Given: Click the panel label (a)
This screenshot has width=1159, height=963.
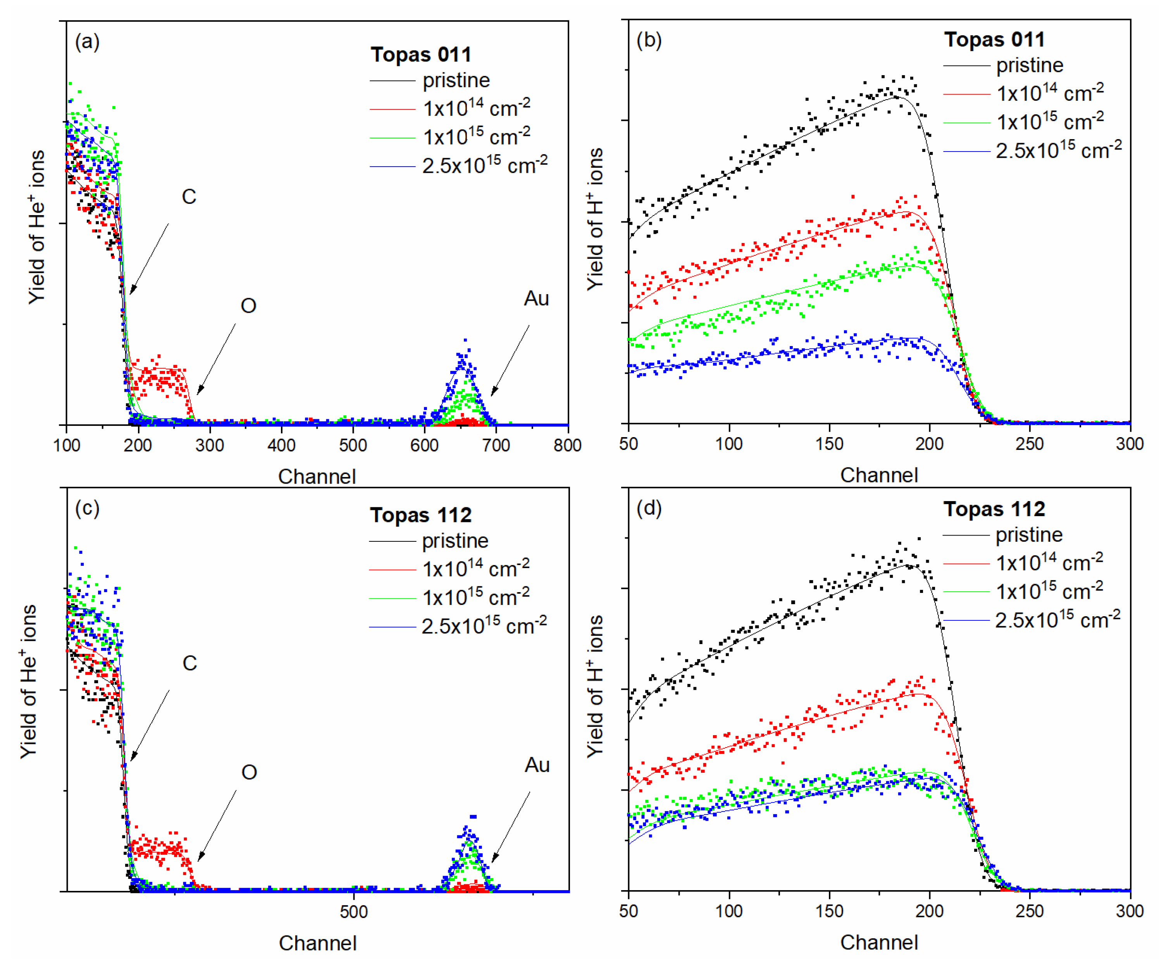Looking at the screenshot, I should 87,42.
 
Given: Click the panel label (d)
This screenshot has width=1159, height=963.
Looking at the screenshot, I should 649,508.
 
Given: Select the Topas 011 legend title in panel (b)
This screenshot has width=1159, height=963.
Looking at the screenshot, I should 994,40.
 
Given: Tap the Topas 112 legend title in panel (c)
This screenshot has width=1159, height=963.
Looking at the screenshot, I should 420,515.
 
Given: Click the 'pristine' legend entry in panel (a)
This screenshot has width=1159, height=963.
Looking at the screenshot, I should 456,81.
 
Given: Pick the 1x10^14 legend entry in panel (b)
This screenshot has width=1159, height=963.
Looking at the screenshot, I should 1050,93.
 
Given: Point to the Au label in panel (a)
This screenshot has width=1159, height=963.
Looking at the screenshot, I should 536,298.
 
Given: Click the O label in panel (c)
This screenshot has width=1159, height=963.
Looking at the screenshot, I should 249,772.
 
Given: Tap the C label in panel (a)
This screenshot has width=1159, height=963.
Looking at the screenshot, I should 189,196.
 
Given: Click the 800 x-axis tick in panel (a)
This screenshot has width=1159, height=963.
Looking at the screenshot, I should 567,445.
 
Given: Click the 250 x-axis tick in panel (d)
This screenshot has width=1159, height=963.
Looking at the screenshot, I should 1029,911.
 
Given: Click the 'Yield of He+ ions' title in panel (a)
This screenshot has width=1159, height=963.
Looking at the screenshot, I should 36,226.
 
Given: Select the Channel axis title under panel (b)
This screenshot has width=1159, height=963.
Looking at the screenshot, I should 878,475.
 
